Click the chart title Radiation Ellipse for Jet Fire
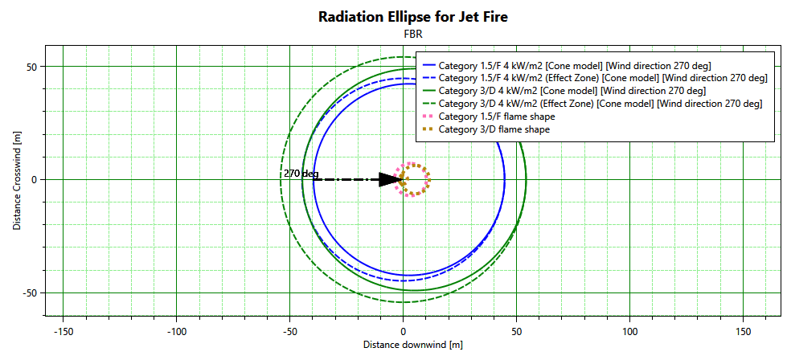click(413, 17)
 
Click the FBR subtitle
click(413, 35)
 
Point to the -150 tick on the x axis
click(63, 330)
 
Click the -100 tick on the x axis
click(176, 330)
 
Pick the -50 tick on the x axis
click(289, 330)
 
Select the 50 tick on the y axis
click(33, 67)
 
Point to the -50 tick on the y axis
click(31, 292)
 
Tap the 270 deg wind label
click(301, 173)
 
